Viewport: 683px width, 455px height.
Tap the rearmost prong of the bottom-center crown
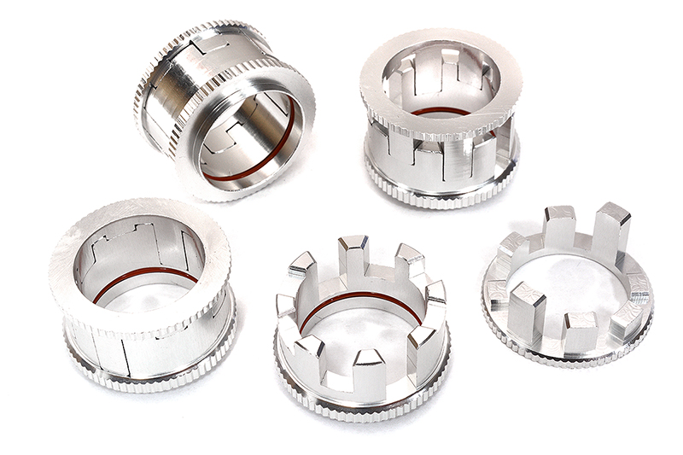pyautogui.click(x=353, y=254)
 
